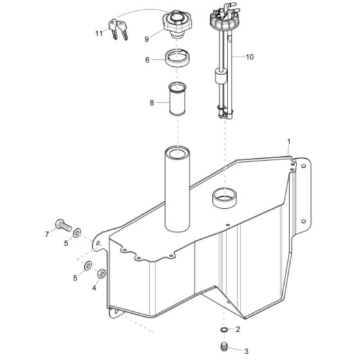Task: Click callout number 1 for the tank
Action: click(289, 141)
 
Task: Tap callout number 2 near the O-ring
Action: click(238, 330)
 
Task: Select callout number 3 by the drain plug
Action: click(245, 351)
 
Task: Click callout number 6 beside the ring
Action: click(147, 60)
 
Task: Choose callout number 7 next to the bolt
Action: click(46, 234)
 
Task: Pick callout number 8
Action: click(152, 102)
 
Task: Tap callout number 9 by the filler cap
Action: click(147, 39)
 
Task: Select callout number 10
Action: click(249, 57)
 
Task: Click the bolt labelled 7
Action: click(62, 224)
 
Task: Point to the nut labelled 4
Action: click(102, 276)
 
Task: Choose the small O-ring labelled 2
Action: click(222, 330)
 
